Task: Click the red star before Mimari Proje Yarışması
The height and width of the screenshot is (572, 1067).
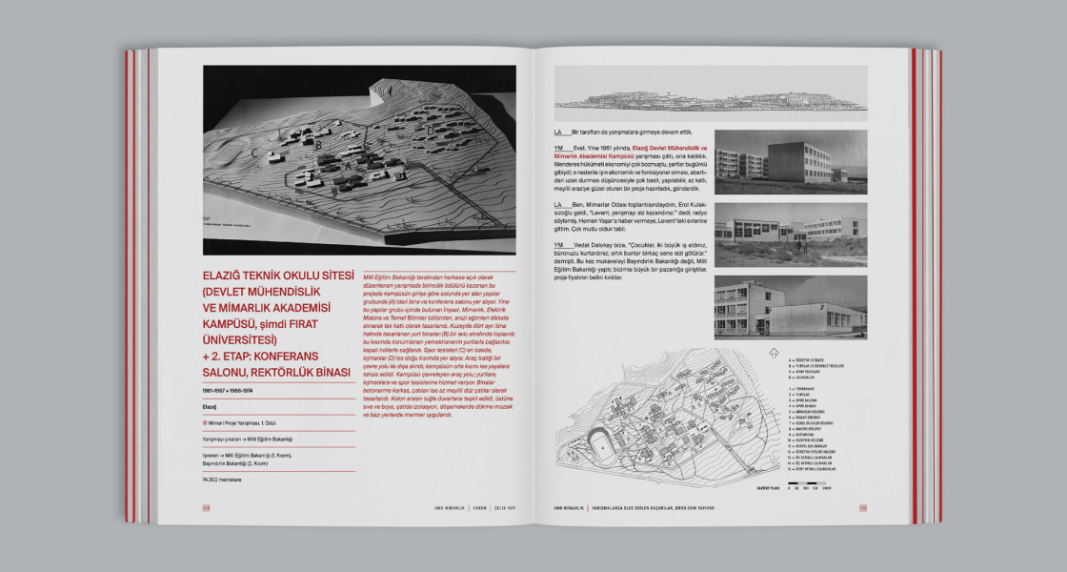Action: (206, 423)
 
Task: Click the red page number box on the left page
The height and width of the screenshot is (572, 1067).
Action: (206, 507)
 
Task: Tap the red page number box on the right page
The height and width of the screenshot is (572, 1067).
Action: (862, 507)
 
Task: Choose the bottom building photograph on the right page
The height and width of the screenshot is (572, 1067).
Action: (777, 307)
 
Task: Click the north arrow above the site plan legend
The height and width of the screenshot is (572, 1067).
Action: (774, 352)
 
